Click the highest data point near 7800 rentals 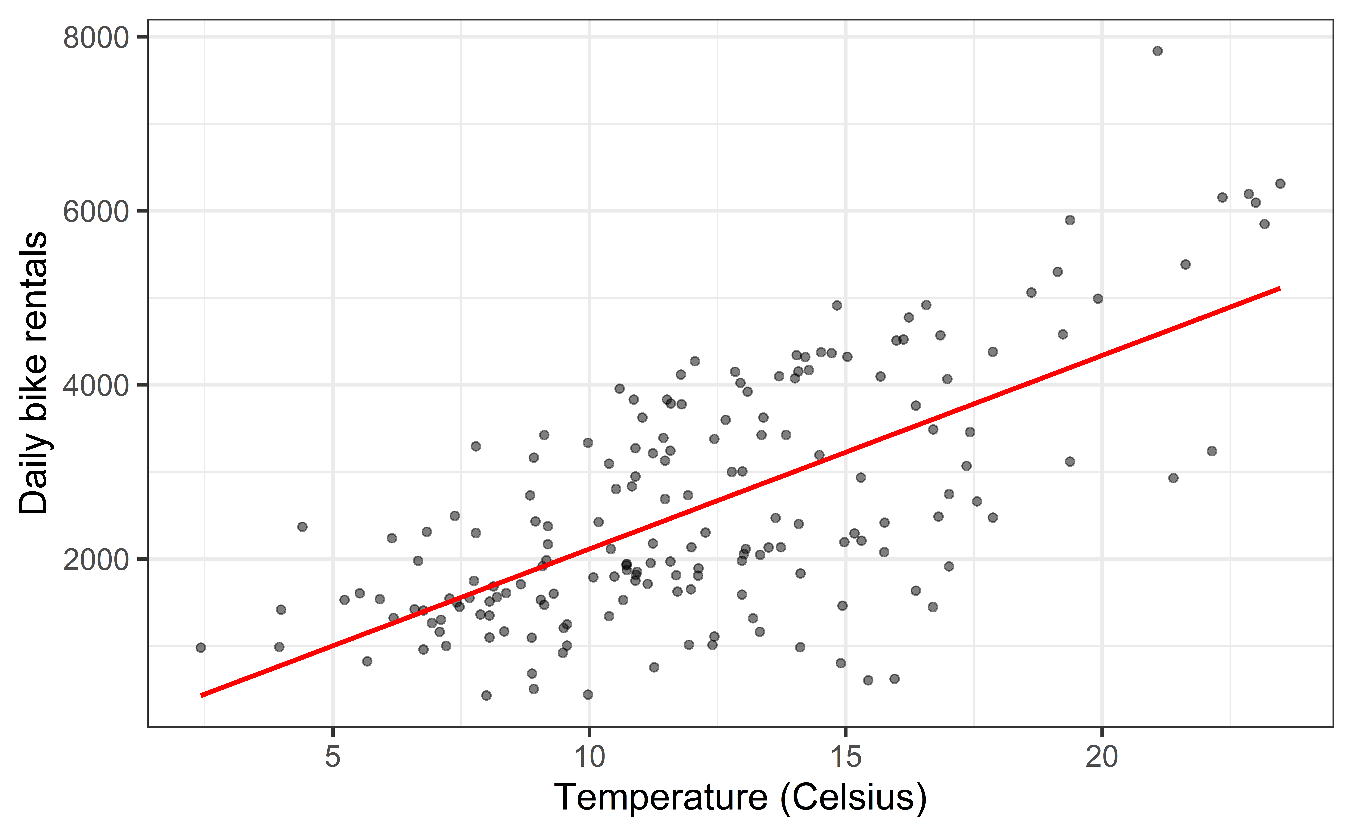(x=1157, y=51)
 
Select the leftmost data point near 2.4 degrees (x=201, y=648)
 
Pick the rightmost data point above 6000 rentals (x=1280, y=184)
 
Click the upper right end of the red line (x=1279, y=289)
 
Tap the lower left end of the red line (x=202, y=695)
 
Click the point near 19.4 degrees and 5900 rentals (x=1070, y=220)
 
